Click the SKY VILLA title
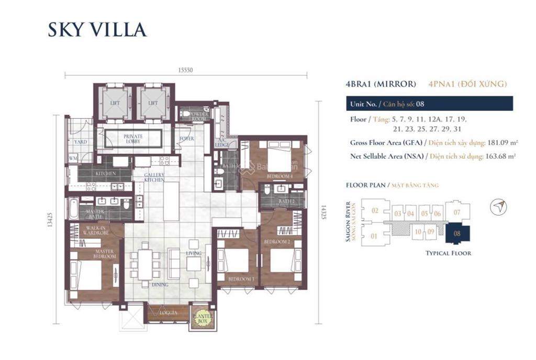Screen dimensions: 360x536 point(97,29)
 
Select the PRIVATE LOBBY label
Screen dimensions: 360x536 point(133,139)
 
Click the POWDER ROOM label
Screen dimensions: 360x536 point(199,116)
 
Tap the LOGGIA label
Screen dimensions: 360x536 point(167,313)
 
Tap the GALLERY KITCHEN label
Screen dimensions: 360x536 point(154,177)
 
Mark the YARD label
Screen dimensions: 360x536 point(80,141)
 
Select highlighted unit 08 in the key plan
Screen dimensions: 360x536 point(457,234)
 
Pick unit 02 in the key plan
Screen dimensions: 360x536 point(374,211)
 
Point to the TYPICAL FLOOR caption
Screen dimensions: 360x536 point(449,253)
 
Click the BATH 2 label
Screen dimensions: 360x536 point(286,201)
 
